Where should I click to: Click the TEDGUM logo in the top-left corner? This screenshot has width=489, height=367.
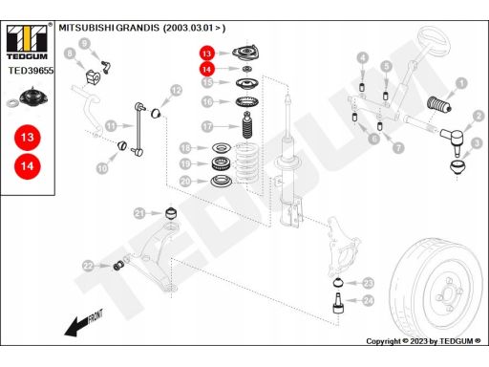(x=27, y=42)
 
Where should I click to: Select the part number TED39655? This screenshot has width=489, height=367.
(x=31, y=71)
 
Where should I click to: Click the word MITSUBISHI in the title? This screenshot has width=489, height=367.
(x=86, y=28)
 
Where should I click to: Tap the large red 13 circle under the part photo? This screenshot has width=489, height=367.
(x=28, y=138)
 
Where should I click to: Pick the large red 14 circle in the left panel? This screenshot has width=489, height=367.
(x=28, y=166)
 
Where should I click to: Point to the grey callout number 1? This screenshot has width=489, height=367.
(x=461, y=84)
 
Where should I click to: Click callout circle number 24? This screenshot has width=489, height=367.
(x=369, y=300)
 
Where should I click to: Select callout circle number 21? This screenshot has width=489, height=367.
(x=139, y=213)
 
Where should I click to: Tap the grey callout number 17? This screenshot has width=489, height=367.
(x=207, y=126)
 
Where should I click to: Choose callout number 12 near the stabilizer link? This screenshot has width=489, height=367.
(x=176, y=91)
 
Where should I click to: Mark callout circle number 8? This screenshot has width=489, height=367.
(x=70, y=54)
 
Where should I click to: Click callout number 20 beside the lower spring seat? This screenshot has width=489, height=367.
(x=185, y=182)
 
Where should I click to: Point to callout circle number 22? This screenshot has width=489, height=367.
(x=88, y=266)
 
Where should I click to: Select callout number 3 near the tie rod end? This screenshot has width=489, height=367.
(x=477, y=143)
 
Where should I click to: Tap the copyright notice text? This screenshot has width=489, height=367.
(x=423, y=341)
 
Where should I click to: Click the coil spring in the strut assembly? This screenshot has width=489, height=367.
(x=245, y=162)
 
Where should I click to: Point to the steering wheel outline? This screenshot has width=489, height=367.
(x=434, y=41)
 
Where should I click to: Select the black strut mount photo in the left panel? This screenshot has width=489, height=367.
(x=33, y=96)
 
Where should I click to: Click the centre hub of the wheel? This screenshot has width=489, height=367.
(x=447, y=294)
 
